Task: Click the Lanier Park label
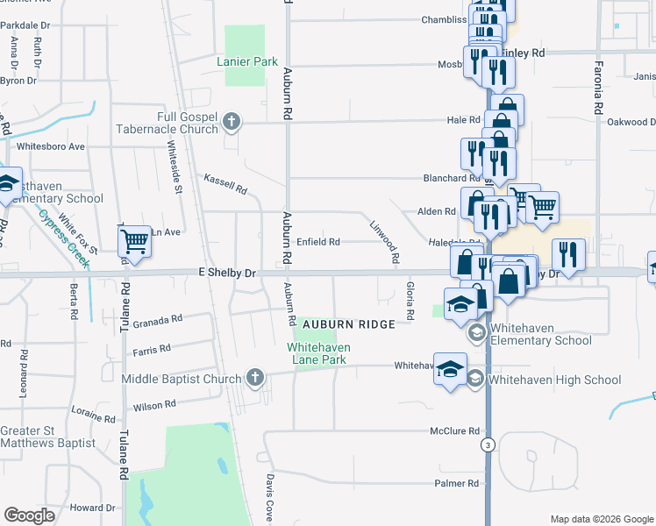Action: pyautogui.click(x=247, y=61)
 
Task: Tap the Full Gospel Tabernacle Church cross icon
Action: pyautogui.click(x=232, y=121)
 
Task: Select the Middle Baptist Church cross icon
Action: pyautogui.click(x=254, y=378)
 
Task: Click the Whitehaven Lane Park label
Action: pyautogui.click(x=319, y=353)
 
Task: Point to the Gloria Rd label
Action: pyautogui.click(x=410, y=301)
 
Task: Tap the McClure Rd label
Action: pyautogui.click(x=454, y=431)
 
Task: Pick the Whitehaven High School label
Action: pyautogui.click(x=554, y=380)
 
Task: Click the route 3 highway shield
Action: pyautogui.click(x=487, y=445)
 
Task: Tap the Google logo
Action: pyautogui.click(x=29, y=515)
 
